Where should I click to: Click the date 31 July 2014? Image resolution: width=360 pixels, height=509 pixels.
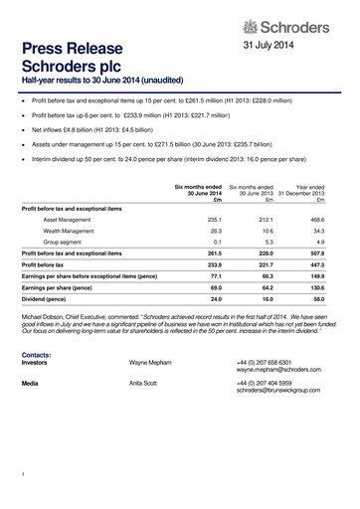[x=270, y=47]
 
